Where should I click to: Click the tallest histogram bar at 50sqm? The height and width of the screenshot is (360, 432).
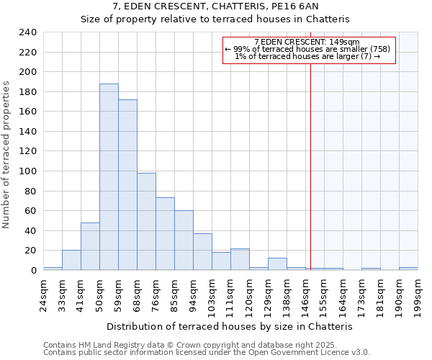(x=109, y=177)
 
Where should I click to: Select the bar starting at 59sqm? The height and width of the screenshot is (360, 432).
(x=127, y=185)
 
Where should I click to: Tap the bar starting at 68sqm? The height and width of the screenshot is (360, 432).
(x=146, y=222)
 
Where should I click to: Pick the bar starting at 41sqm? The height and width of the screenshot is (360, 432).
(x=90, y=246)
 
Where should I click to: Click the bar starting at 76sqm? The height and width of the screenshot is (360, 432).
(x=165, y=234)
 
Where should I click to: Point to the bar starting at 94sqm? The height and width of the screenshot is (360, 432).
(x=202, y=252)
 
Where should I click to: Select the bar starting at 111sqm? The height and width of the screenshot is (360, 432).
(x=240, y=259)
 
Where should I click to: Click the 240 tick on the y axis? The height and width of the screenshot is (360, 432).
(x=27, y=32)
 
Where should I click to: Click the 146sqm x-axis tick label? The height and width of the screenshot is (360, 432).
(x=305, y=295)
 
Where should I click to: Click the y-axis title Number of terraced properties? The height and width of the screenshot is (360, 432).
(x=6, y=155)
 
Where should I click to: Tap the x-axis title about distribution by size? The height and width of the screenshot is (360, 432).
(x=234, y=326)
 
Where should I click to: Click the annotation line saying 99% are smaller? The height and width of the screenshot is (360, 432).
(x=307, y=49)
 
